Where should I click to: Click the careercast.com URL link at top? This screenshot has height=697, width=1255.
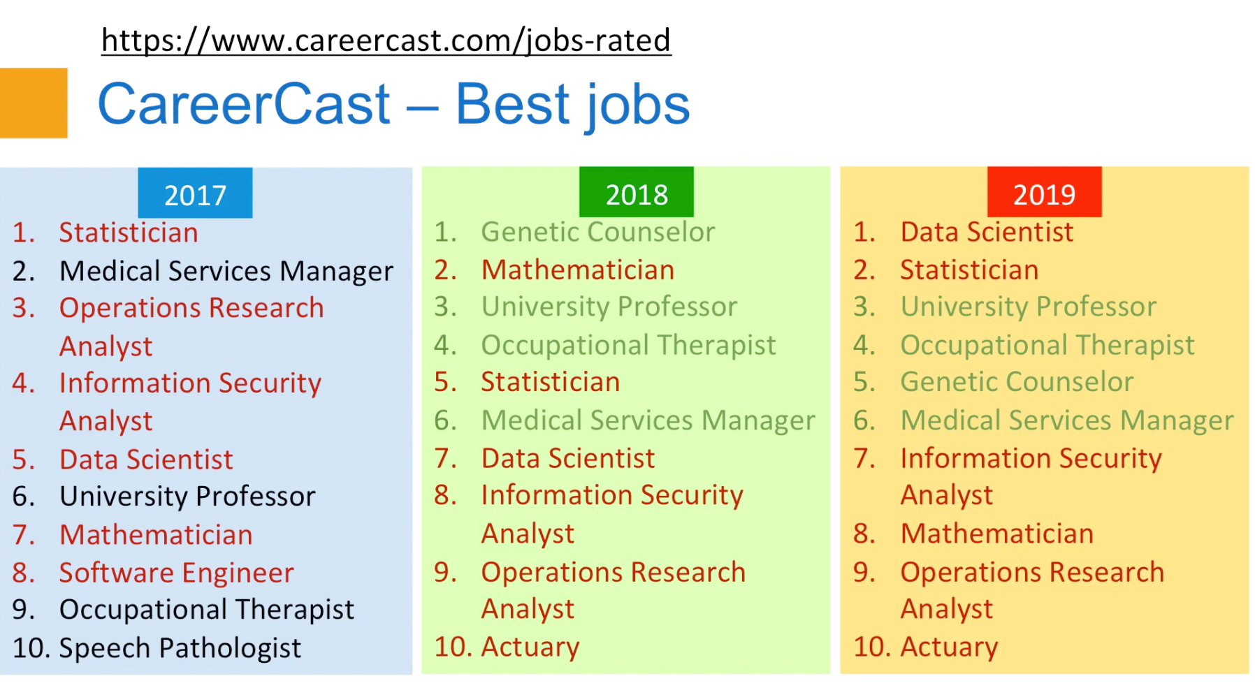(386, 40)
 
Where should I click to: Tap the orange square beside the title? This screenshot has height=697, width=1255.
(34, 103)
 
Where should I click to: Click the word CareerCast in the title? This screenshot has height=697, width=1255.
(244, 104)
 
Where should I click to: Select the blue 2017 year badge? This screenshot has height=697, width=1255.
(195, 193)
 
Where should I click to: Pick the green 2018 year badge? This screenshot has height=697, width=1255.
(637, 192)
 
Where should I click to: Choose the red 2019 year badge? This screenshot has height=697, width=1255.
(1044, 192)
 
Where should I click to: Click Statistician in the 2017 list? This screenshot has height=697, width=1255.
(129, 233)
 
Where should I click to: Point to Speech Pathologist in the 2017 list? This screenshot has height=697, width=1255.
(180, 648)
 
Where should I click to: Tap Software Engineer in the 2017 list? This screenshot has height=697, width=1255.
(177, 573)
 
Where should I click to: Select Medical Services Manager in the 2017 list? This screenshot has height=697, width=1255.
(226, 271)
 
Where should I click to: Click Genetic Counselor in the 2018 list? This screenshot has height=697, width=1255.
(598, 232)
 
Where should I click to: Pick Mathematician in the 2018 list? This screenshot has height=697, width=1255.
(578, 270)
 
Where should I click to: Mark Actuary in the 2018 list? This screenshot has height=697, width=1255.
(530, 647)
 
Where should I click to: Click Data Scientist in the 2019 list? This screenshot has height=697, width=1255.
(987, 232)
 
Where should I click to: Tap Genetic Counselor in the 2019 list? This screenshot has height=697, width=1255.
(1017, 382)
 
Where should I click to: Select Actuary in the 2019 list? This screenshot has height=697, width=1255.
(949, 647)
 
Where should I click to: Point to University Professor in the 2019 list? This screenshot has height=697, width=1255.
(1029, 307)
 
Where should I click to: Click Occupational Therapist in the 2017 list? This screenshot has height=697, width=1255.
(207, 610)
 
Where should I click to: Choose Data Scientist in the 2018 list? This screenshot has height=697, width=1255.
(568, 458)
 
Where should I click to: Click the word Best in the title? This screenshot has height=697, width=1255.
(513, 104)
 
